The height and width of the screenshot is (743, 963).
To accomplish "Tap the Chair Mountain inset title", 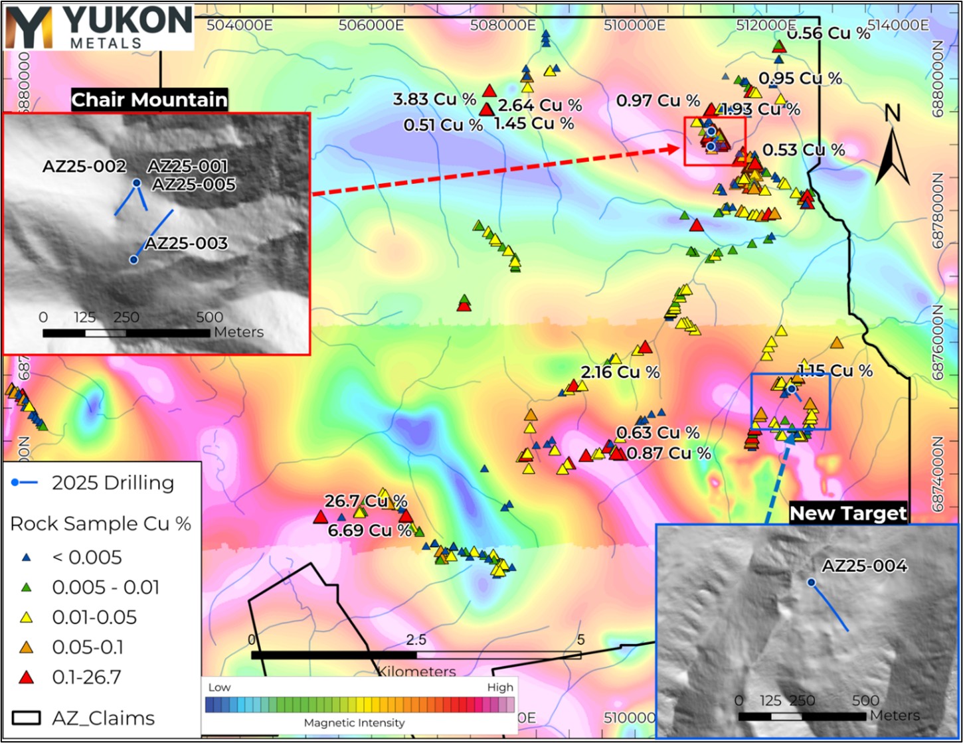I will [x=149, y=100].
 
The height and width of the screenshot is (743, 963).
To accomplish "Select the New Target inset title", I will [x=848, y=513].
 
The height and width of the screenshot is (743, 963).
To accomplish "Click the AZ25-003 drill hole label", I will [x=187, y=244].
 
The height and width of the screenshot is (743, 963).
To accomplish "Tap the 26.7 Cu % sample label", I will [x=365, y=501].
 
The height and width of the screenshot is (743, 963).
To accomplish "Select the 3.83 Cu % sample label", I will [x=435, y=100].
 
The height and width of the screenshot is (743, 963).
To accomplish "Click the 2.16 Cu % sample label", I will [x=620, y=372].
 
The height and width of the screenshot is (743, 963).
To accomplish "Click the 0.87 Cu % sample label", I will [x=669, y=454].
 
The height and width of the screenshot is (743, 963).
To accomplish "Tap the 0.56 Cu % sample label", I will [x=828, y=34].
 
